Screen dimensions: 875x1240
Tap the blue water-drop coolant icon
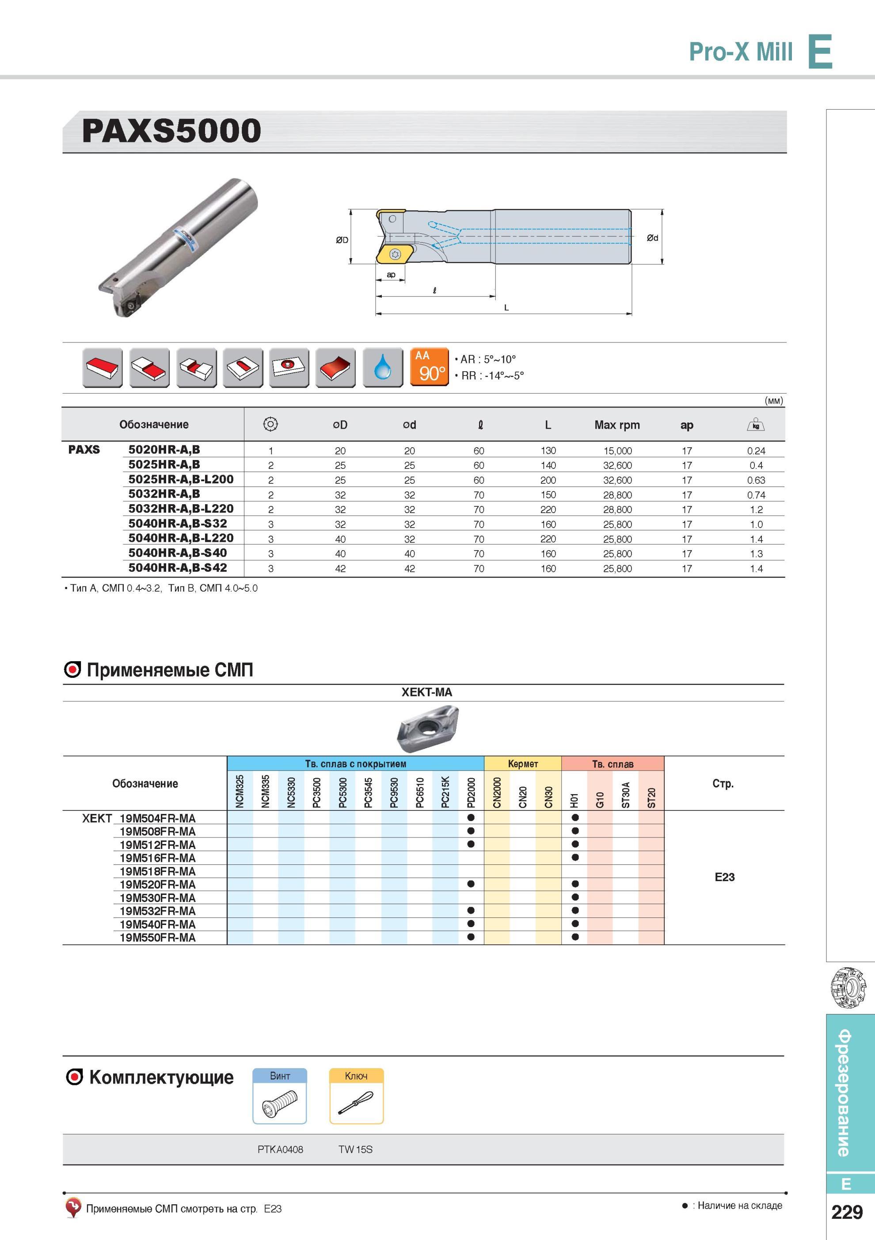click(383, 367)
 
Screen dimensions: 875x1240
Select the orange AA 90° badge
click(430, 367)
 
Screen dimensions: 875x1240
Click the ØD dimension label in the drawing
click(342, 240)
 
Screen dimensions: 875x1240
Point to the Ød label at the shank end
click(652, 238)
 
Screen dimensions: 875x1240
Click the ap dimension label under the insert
click(391, 275)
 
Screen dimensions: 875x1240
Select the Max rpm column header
click(617, 425)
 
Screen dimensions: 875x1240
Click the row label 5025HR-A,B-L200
click(181, 479)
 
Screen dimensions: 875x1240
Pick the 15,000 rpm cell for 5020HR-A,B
click(617, 451)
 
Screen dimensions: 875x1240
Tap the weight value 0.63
click(756, 480)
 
